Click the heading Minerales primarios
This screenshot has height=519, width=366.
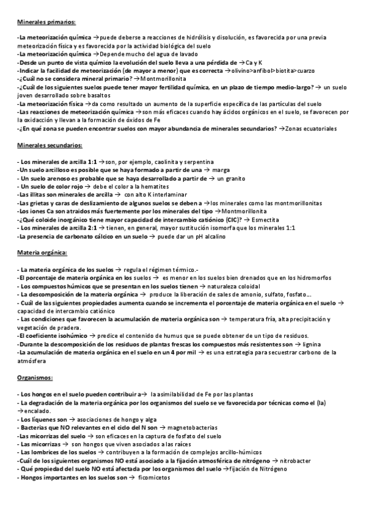pos(46,22)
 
